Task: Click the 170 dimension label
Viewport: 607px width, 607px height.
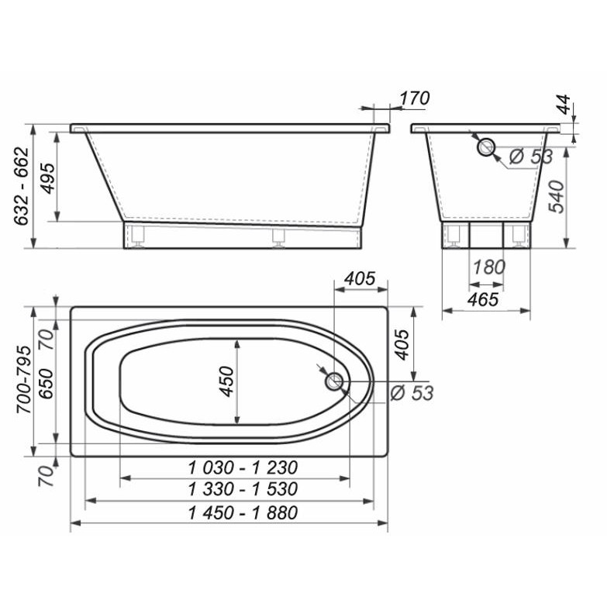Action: [x=415, y=98]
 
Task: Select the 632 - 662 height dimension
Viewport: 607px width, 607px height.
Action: [x=22, y=186]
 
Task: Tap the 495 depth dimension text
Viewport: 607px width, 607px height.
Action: [x=48, y=178]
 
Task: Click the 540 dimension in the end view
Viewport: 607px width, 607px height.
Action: [x=557, y=196]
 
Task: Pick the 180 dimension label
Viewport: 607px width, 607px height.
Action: [x=489, y=267]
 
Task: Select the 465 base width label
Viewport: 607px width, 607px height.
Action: [x=483, y=299]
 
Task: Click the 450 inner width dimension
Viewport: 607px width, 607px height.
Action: [x=227, y=381]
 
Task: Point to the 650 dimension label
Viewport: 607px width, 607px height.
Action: [x=47, y=383]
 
